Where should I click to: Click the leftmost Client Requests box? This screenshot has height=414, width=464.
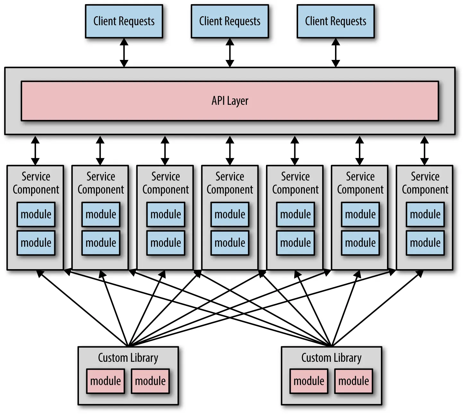tap(124, 21)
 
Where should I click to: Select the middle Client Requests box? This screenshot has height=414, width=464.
tap(230, 21)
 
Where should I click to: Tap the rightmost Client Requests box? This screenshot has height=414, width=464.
tap(336, 21)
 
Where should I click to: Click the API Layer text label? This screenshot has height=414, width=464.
tap(230, 101)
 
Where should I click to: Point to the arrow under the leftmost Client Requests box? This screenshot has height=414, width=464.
tap(124, 53)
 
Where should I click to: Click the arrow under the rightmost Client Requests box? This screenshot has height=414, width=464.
tap(336, 53)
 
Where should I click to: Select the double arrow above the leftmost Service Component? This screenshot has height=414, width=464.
tap(35, 151)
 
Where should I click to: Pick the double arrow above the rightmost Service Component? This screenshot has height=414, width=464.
tap(425, 151)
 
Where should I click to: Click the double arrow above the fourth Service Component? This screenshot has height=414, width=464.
tap(230, 151)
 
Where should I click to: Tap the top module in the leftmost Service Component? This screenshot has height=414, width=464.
tap(36, 214)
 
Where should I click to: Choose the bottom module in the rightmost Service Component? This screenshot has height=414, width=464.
tap(425, 243)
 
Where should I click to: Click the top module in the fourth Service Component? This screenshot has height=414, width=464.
tap(230, 214)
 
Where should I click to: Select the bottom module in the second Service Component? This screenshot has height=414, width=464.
tap(101, 243)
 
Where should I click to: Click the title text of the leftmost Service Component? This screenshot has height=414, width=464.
tap(36, 183)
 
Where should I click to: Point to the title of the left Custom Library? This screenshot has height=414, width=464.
tap(128, 358)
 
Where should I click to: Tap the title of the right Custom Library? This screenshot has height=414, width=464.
tap(331, 358)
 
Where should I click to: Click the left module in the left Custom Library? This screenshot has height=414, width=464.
tap(106, 381)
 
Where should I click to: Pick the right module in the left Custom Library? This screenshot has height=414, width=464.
tap(150, 381)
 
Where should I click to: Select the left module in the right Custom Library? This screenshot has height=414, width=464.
tap(309, 381)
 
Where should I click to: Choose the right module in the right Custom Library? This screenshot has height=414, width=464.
tap(354, 381)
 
